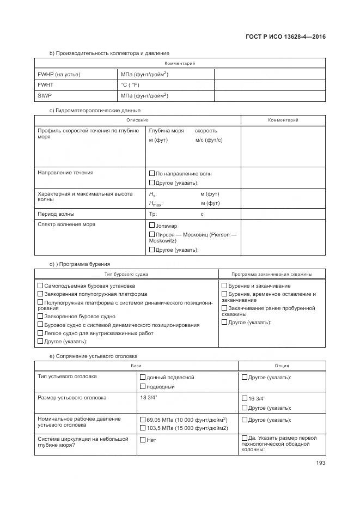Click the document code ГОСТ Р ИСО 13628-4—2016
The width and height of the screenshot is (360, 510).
tap(288, 37)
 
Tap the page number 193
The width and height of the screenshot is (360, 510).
tap(320, 464)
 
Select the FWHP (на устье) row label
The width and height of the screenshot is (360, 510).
tap(59, 75)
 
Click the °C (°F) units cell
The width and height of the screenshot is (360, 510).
tap(130, 85)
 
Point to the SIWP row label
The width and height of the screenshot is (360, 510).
tap(44, 96)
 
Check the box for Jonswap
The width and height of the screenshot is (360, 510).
tap(152, 225)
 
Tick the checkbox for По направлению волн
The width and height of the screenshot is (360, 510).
tap(152, 173)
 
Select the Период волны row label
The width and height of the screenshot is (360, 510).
tap(56, 214)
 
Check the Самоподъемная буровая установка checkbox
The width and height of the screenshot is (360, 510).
tap(40, 286)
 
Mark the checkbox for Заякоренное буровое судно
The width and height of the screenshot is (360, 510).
tap(40, 316)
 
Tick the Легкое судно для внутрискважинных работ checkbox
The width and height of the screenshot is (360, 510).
tap(40, 333)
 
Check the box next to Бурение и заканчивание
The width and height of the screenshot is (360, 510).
tap(224, 286)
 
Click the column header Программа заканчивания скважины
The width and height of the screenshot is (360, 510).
tap(271, 274)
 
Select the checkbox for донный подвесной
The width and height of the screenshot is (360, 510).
tap(143, 377)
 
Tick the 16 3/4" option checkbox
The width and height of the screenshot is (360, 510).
tap(244, 399)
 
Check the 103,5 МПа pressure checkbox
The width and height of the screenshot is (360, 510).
tap(143, 428)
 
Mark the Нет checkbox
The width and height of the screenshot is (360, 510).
tap(143, 440)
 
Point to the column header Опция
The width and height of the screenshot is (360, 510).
tap(282, 366)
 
